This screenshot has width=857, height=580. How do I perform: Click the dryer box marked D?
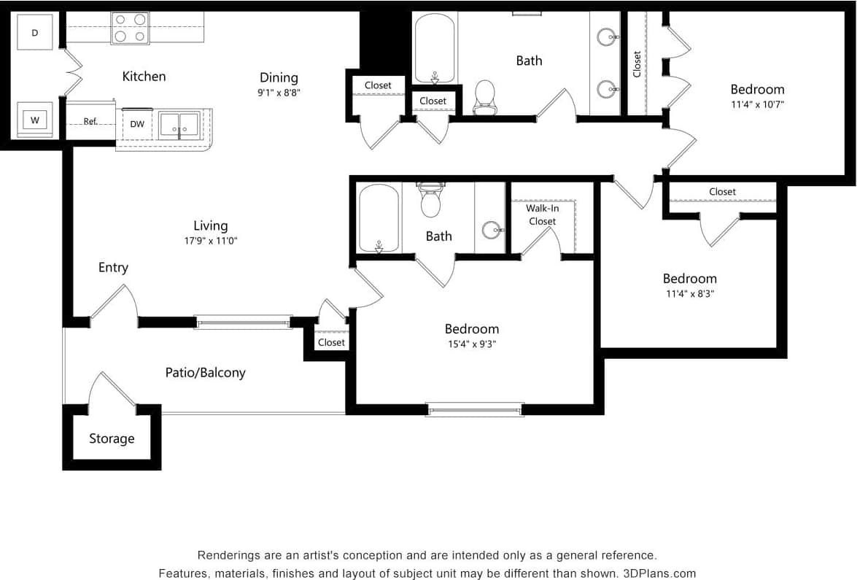pos(35,33)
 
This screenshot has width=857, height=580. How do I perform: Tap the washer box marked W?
pos(34,120)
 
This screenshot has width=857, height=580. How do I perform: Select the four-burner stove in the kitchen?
pos(130,28)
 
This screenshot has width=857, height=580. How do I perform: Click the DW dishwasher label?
pos(137,124)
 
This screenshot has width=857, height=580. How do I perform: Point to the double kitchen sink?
pos(179,124)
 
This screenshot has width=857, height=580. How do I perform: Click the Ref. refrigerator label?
pos(90,121)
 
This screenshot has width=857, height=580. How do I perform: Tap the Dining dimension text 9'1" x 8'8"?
pos(279,93)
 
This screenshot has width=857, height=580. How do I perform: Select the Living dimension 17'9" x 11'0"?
pos(211,241)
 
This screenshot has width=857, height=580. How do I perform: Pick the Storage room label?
pos(112,438)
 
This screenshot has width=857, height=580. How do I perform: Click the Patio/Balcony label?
pos(205,372)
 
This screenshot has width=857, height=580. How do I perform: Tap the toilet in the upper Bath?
pos(484,97)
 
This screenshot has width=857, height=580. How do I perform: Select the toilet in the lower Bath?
pos(431,201)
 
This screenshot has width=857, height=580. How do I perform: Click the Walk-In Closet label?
pos(543,214)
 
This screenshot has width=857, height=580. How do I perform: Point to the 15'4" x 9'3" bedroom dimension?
pos(473,344)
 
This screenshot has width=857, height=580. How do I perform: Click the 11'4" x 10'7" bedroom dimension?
pos(757,104)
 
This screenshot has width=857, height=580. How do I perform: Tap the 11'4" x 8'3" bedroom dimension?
pos(689,294)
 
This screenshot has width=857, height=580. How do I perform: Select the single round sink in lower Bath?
pos(491,230)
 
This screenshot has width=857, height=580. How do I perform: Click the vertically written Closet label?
pos(637,63)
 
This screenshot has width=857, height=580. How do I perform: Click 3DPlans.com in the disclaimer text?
pos(659,573)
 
